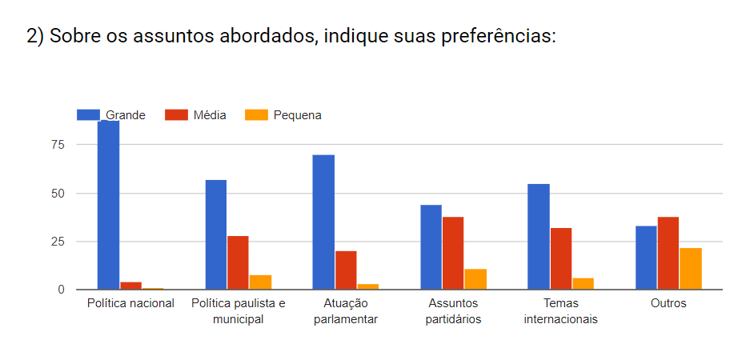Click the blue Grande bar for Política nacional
click(x=108, y=204)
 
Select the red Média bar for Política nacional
click(x=130, y=286)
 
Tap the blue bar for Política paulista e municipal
click(x=216, y=234)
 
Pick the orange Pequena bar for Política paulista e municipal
click(x=260, y=282)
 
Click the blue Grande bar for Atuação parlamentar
click(x=323, y=222)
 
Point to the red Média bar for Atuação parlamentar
click(x=346, y=270)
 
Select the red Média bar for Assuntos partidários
click(x=453, y=253)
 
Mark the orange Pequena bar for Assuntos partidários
click(x=475, y=279)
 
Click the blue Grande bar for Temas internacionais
click(x=539, y=237)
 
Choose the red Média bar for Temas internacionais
click(x=561, y=258)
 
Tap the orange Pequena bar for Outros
click(x=691, y=269)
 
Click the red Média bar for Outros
click(x=668, y=253)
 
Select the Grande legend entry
click(x=111, y=115)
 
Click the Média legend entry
click(x=196, y=115)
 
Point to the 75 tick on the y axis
click(x=56, y=145)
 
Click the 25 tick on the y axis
click(x=56, y=242)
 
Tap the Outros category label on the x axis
click(x=668, y=304)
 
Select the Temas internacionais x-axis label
click(x=560, y=311)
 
